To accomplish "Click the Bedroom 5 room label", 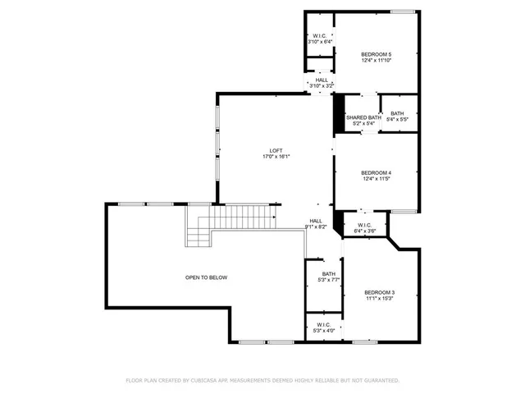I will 377,53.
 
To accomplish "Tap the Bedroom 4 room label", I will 377,172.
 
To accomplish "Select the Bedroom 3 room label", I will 380,293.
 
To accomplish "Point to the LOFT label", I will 276,150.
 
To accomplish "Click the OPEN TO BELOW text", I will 206,277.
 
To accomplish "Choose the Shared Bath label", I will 363,117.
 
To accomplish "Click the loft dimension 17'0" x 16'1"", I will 276,157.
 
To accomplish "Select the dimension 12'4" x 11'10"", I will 377,60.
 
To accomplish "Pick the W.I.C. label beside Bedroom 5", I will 320,36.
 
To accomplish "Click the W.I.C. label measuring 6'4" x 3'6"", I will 364,225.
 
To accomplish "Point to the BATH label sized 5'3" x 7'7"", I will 328,274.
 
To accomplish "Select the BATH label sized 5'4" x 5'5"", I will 397,114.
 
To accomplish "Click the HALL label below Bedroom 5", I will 321,80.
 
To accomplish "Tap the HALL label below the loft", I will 315,221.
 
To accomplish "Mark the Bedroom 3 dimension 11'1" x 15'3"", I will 380,300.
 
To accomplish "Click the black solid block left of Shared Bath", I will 337,113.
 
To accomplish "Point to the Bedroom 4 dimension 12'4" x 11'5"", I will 377,179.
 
